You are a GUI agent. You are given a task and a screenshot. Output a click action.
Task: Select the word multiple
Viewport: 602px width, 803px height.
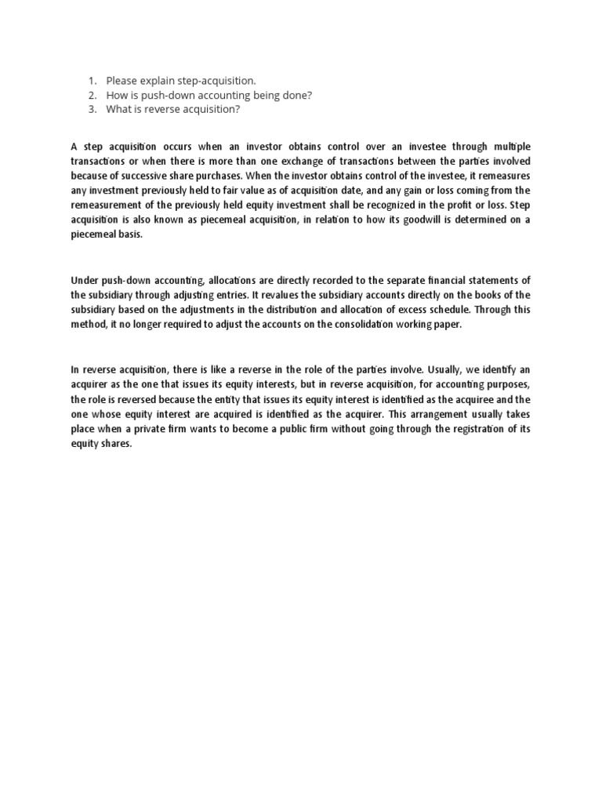[x=509, y=146]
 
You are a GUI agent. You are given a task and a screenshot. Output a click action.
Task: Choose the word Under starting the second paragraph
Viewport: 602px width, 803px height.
[x=85, y=280]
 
